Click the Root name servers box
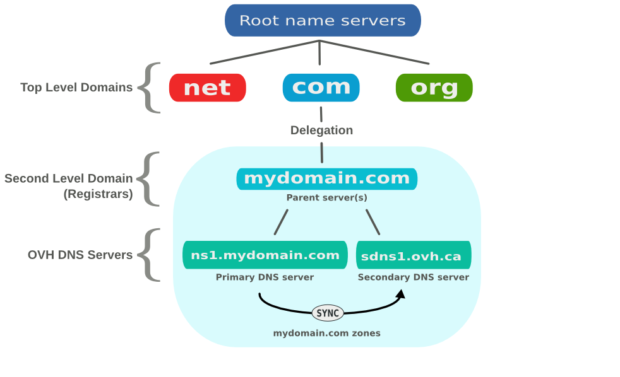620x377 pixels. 323,20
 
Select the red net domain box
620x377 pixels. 207,88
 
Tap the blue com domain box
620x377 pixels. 321,88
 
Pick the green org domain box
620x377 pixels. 434,88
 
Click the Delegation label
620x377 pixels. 321,130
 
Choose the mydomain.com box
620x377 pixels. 326,178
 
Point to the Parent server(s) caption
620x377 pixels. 326,197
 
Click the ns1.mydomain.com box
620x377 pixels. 265,255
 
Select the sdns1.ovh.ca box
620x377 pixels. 414,255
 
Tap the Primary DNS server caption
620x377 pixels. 265,277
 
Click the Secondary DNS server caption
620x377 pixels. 414,277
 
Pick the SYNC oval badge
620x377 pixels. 328,313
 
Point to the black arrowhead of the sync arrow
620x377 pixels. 400,294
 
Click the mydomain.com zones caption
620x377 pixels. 326,333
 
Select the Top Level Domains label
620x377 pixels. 76,88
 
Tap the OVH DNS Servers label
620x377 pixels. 80,255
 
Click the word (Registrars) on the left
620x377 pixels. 98,194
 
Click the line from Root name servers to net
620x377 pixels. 265,52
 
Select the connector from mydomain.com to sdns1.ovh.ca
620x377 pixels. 373,222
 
